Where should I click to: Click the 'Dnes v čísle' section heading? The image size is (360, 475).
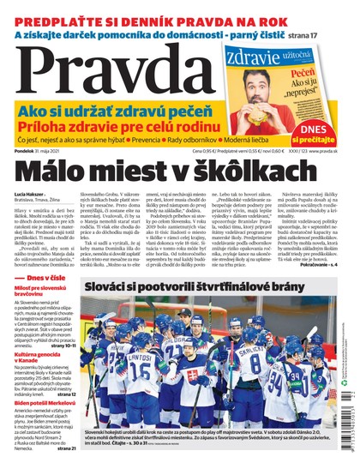[48, 303]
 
